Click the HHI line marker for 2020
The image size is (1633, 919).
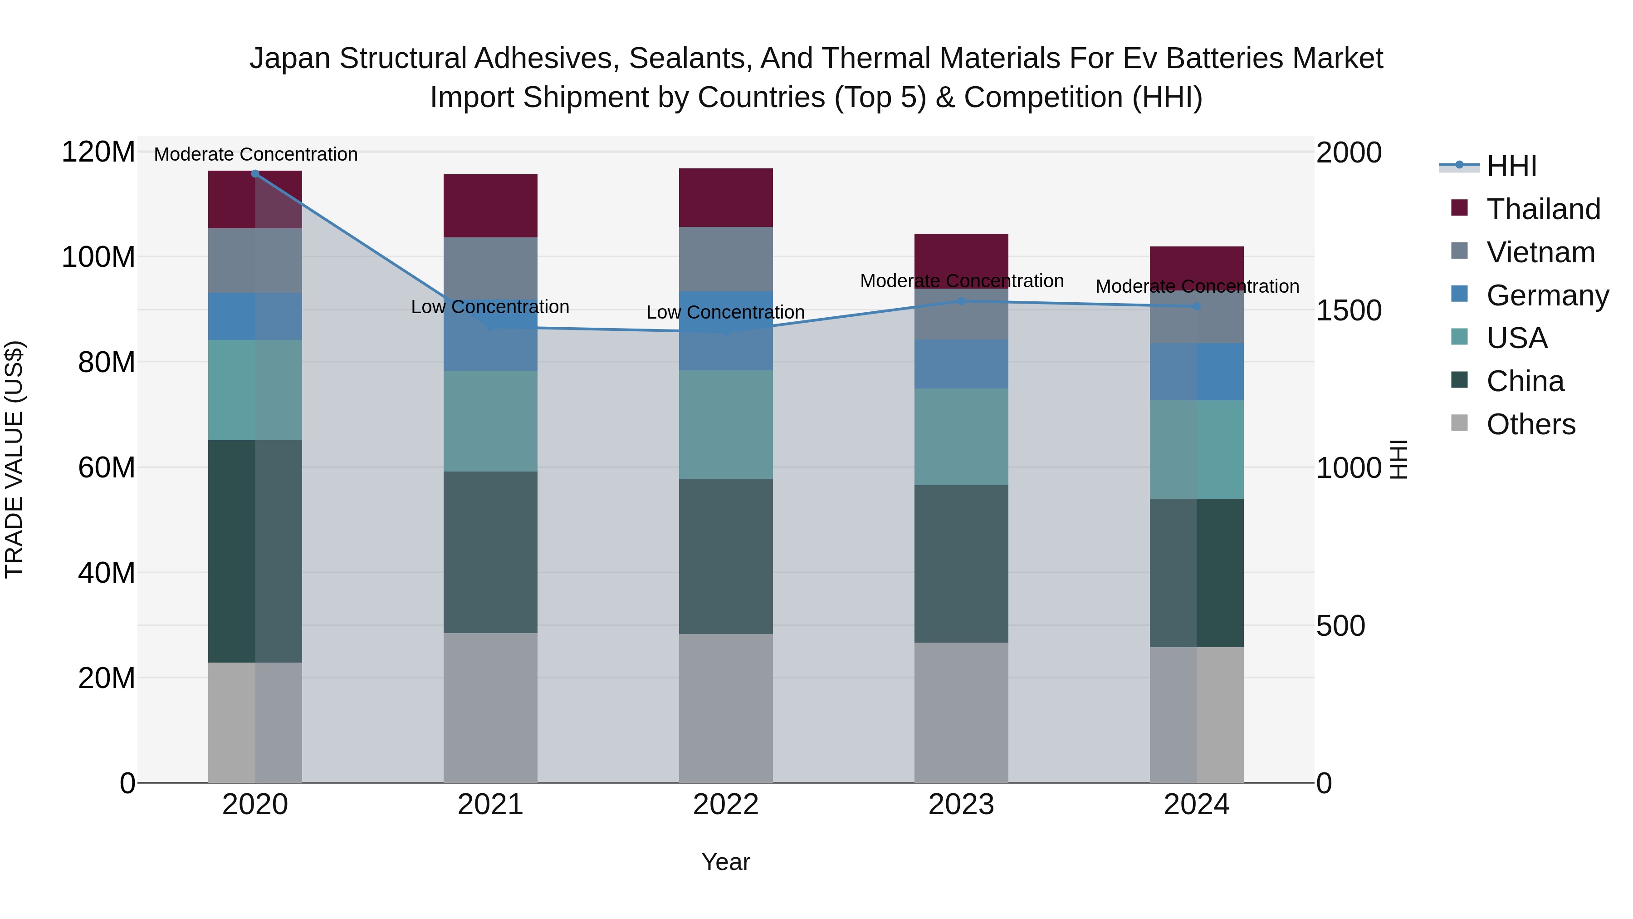click(x=255, y=174)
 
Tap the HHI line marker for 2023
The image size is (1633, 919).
click(x=961, y=301)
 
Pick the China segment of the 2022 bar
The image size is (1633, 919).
click(x=726, y=556)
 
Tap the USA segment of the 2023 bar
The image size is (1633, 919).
click(x=961, y=437)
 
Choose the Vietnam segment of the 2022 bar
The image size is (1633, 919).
click(x=726, y=259)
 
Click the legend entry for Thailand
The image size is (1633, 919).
click(x=1543, y=209)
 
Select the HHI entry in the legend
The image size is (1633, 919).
click(x=1511, y=166)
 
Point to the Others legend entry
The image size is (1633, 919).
click(x=1530, y=424)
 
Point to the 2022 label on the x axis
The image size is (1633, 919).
click(x=726, y=805)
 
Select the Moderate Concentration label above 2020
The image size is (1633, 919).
click(x=255, y=154)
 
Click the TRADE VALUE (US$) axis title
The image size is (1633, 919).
click(x=14, y=459)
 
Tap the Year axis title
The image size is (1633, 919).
click(x=726, y=862)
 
